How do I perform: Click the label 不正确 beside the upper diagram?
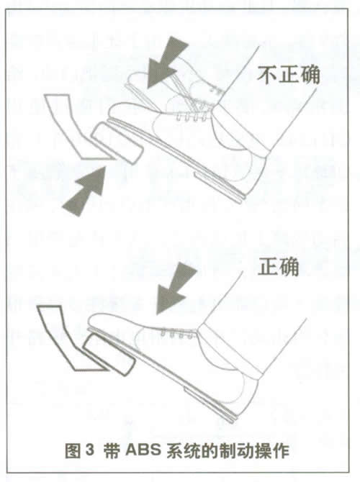pyautogui.click(x=289, y=75)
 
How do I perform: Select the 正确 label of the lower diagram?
pyautogui.click(x=278, y=266)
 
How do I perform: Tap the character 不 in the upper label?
pyautogui.click(x=267, y=75)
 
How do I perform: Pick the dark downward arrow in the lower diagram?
pyautogui.click(x=176, y=288)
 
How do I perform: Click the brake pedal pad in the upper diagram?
pyautogui.click(x=117, y=144)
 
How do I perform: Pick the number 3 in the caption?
pyautogui.click(x=89, y=450)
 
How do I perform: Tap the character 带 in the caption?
pyautogui.click(x=112, y=450)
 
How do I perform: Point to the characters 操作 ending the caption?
pyautogui.click(x=271, y=450)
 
